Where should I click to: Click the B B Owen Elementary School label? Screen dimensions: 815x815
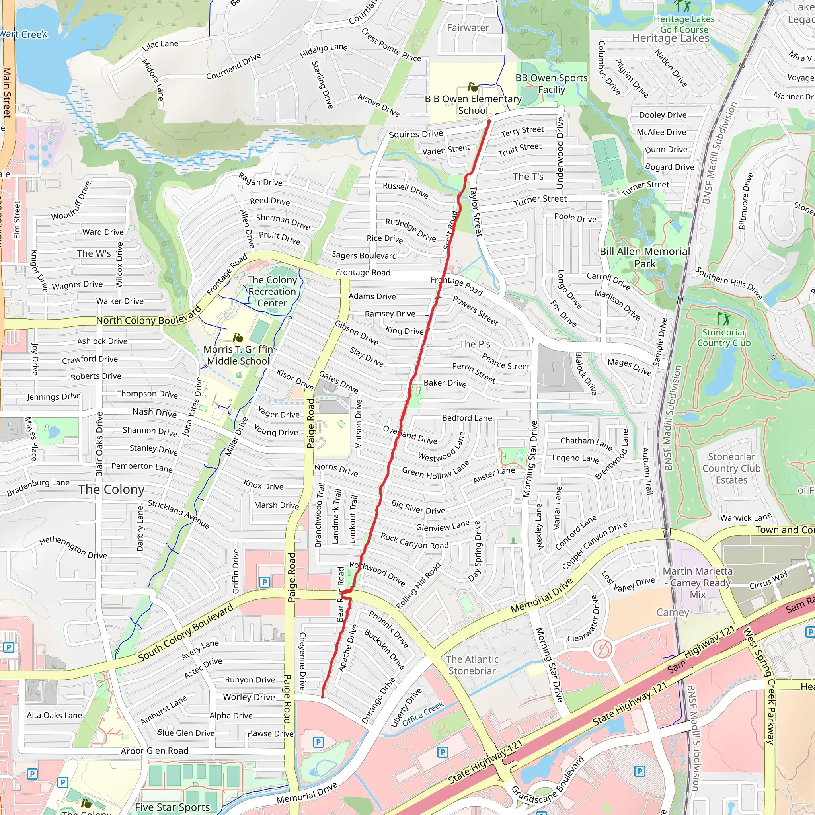tap(473, 105)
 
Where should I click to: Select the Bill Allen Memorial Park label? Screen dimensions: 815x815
tap(645, 257)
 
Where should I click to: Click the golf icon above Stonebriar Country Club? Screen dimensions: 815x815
tap(723, 318)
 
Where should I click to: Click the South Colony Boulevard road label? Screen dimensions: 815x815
tap(185, 633)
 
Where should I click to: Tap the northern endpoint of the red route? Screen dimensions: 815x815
tap(489, 122)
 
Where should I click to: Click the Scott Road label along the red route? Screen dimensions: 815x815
tap(450, 230)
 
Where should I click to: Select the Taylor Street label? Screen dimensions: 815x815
tap(476, 211)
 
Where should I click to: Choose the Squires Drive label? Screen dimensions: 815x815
tap(415, 134)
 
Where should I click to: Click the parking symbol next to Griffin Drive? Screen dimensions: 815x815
tap(264, 582)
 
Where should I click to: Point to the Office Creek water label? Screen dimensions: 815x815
tap(423, 714)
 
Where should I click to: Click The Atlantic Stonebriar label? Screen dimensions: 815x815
tap(472, 665)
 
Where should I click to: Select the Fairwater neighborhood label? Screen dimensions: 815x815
tap(468, 28)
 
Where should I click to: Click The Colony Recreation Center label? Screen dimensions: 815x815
tap(272, 291)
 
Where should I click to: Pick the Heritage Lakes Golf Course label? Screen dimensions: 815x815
tap(684, 24)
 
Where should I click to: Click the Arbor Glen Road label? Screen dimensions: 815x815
tap(154, 751)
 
